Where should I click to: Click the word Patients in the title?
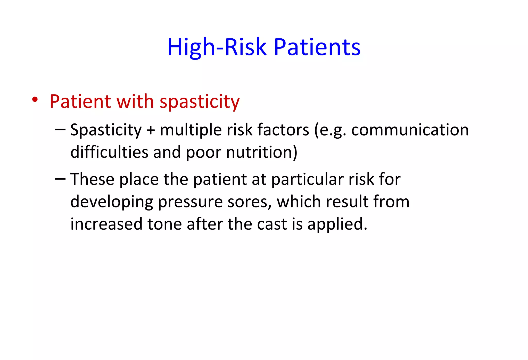[x=317, y=47]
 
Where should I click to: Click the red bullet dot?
[x=35, y=99]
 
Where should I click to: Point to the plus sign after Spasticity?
[x=151, y=130]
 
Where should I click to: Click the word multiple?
[x=191, y=130]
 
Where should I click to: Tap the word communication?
[x=410, y=130]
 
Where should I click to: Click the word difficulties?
[x=109, y=152]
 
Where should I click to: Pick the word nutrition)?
[x=262, y=152]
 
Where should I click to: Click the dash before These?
[x=60, y=179]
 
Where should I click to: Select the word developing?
[x=112, y=202]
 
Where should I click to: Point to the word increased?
[x=106, y=224]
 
